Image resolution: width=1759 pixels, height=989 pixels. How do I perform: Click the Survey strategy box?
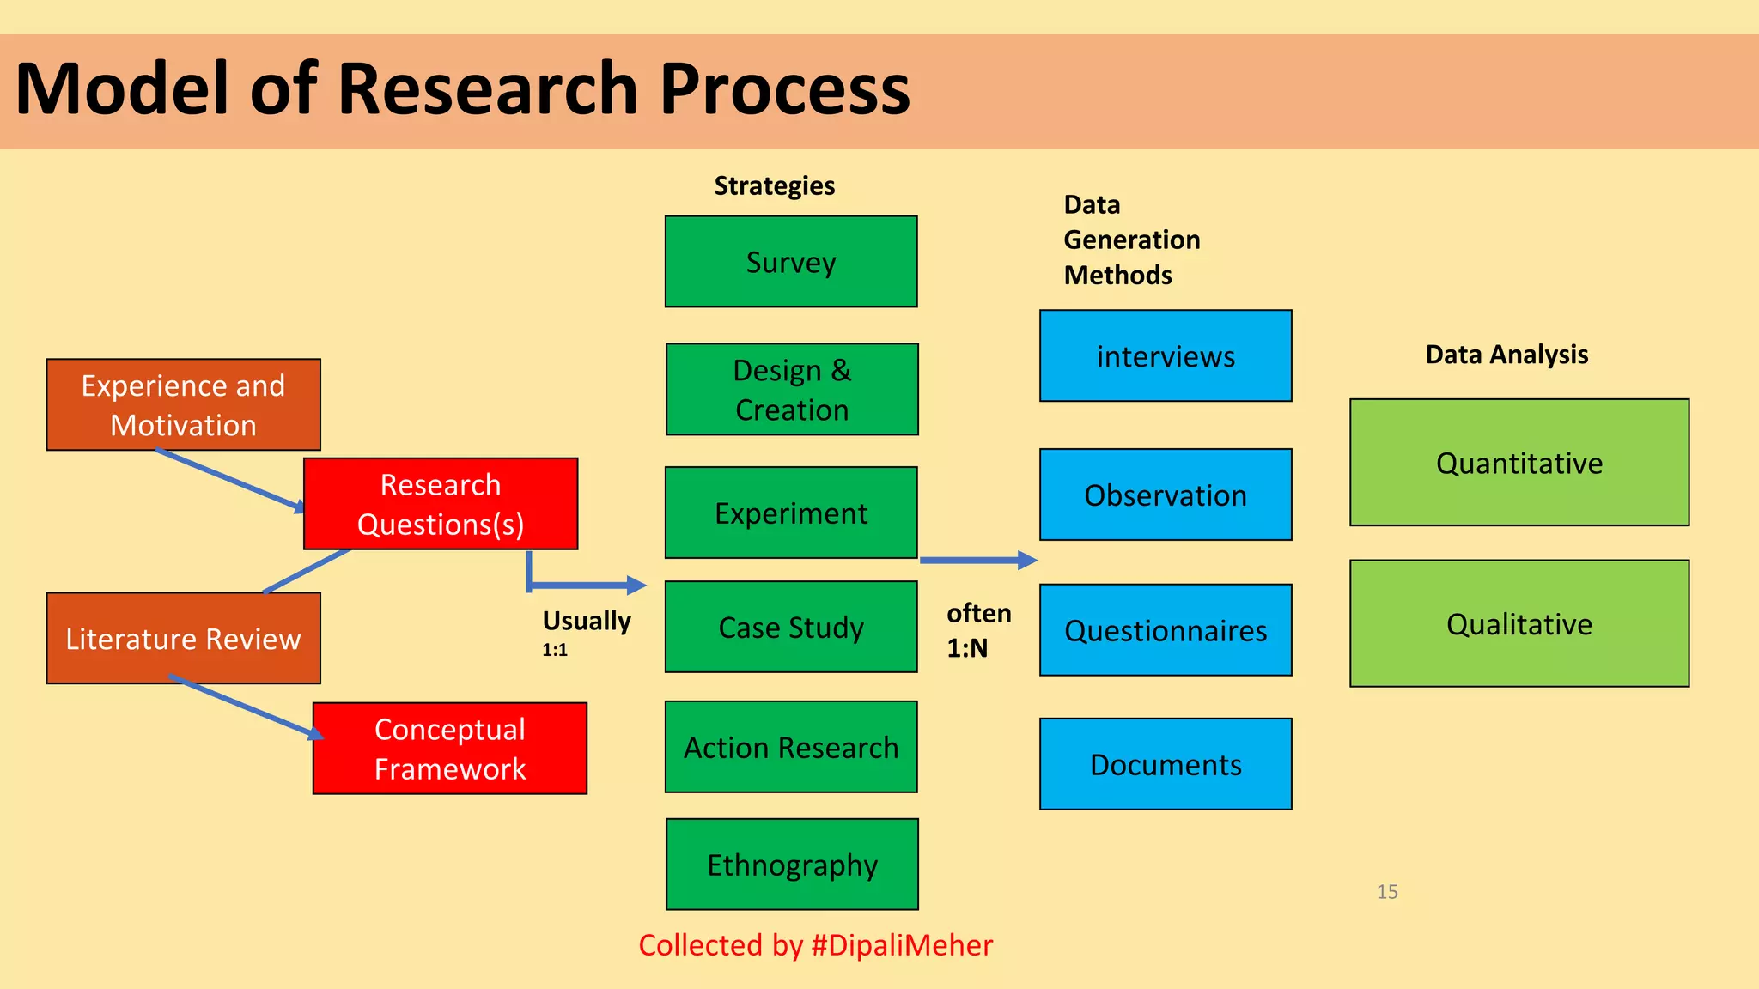click(791, 262)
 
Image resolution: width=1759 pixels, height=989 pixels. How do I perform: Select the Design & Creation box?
click(792, 390)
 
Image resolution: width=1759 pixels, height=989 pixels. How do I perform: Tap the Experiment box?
click(791, 513)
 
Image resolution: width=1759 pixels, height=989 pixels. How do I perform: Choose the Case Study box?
click(791, 627)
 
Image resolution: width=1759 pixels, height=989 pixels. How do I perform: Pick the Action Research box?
click(791, 747)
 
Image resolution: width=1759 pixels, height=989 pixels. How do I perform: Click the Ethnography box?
click(792, 865)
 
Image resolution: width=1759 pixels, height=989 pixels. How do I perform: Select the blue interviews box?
click(1166, 356)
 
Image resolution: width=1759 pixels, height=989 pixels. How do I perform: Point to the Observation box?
click(1166, 494)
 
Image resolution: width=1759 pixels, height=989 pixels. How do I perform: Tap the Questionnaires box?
click(1166, 630)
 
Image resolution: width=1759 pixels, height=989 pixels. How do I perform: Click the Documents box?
click(1166, 764)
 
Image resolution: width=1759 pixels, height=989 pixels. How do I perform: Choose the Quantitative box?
click(1519, 463)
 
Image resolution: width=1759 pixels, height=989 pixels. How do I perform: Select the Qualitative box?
click(1519, 623)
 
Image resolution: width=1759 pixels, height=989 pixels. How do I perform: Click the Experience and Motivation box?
click(183, 405)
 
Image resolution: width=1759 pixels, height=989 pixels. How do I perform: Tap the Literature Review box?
click(183, 639)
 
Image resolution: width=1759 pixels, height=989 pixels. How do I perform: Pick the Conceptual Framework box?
click(450, 749)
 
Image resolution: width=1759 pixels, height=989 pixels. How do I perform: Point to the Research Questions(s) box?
click(441, 504)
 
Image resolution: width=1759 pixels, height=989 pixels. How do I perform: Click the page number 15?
click(1387, 892)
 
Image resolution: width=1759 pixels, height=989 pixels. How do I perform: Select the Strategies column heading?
click(774, 185)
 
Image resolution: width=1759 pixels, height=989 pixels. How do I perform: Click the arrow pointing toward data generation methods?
click(978, 561)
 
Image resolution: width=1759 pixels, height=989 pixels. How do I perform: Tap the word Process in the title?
click(784, 89)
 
